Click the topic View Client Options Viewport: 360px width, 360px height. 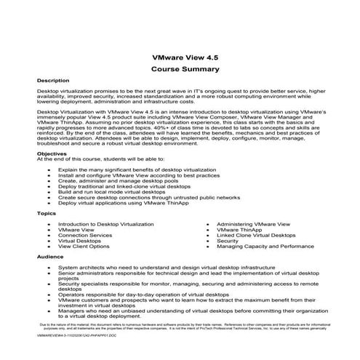pyautogui.click(x=84, y=247)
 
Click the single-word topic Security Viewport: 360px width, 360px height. pyautogui.click(x=227, y=241)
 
